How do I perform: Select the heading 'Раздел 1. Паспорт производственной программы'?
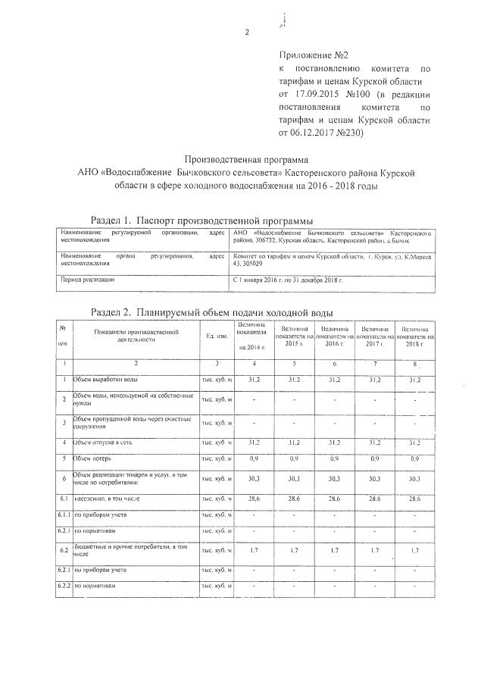click(201, 219)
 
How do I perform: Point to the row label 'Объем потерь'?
click(93, 458)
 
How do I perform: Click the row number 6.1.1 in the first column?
click(64, 516)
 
